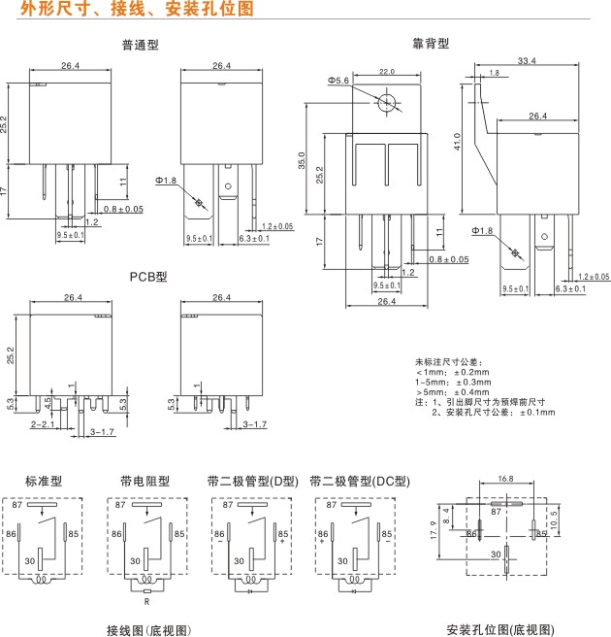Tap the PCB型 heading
click(x=148, y=276)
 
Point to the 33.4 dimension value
click(x=527, y=61)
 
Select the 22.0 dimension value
click(x=387, y=72)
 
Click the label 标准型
click(x=43, y=481)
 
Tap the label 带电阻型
click(x=145, y=481)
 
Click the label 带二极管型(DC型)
click(x=360, y=481)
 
